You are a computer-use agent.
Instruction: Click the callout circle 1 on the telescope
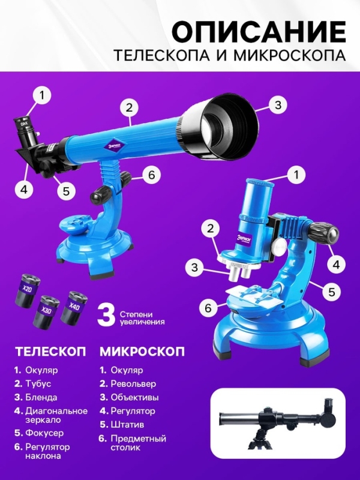pos(41,94)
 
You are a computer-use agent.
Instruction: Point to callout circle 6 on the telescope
pos(152,175)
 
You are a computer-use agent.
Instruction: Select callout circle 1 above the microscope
pos(293,175)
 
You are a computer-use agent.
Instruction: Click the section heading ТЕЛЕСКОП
pos(50,350)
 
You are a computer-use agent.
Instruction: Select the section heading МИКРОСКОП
pos(142,350)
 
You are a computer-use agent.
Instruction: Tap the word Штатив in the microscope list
pos(127,424)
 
